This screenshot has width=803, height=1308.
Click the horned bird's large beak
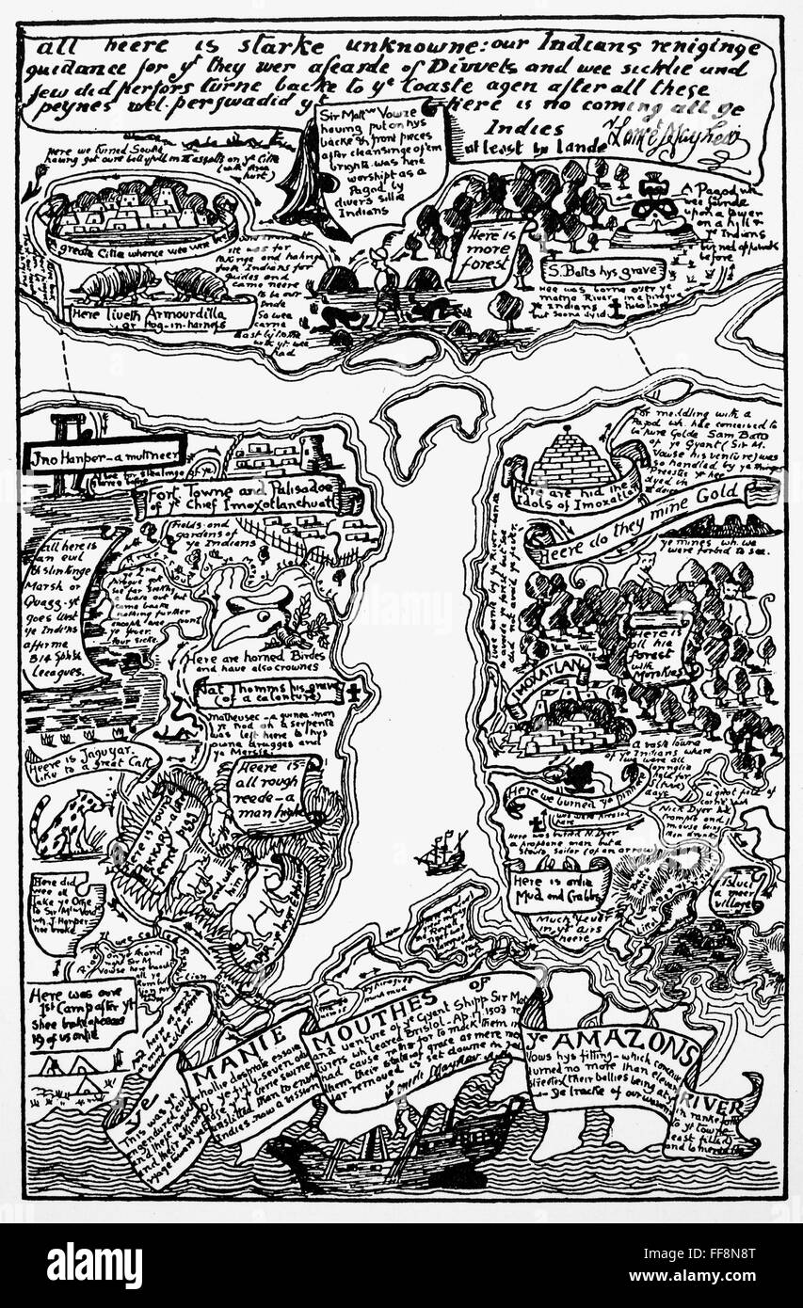(x=247, y=621)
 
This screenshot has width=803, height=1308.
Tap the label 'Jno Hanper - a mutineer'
(x=104, y=454)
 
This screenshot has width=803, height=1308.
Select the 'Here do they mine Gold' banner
(x=650, y=514)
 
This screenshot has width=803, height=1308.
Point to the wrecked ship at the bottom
(x=395, y=1144)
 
